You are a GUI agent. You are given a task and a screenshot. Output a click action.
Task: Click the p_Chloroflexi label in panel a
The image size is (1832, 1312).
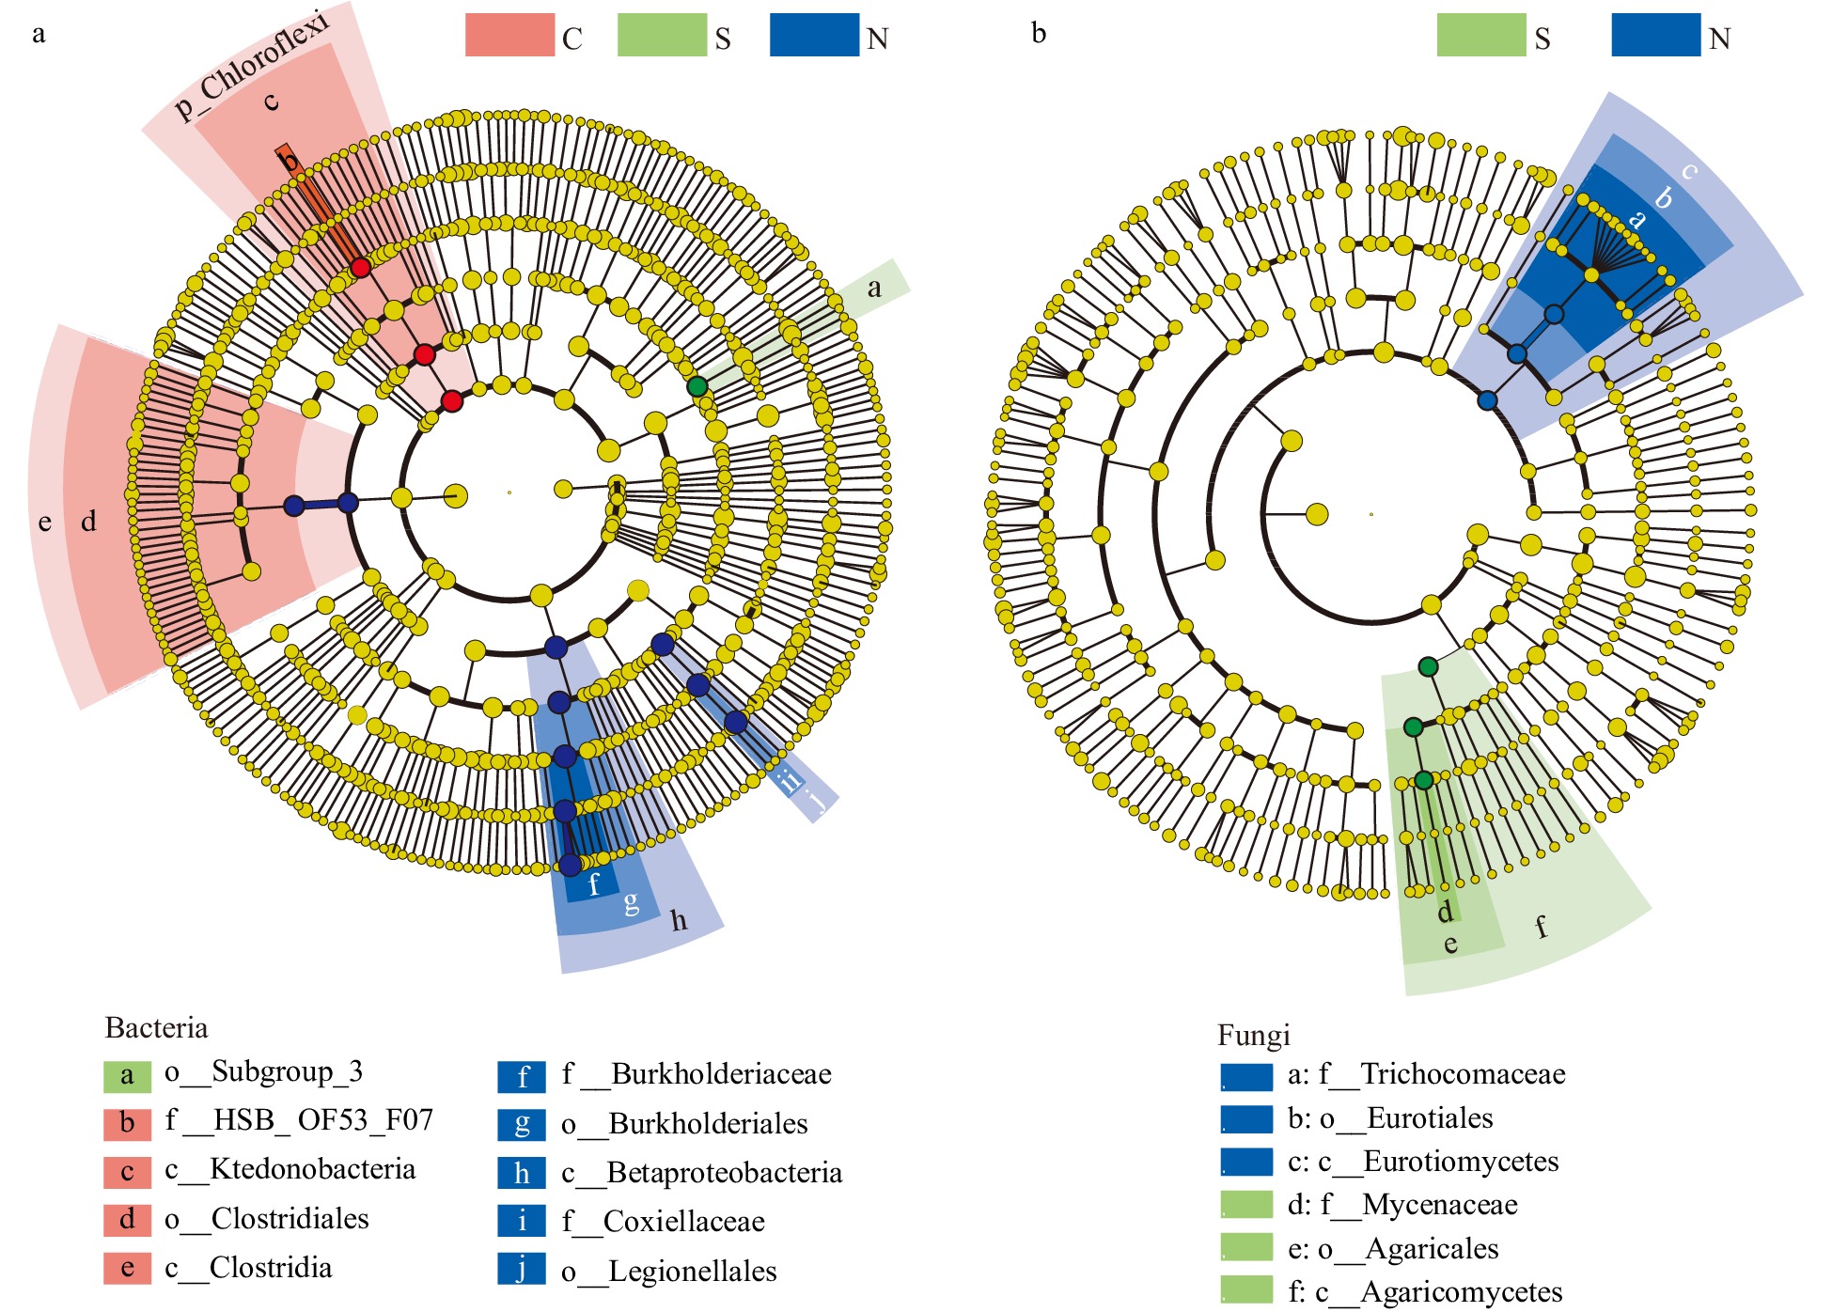(x=252, y=66)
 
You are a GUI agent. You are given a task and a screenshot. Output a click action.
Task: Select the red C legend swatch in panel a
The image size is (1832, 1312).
(x=509, y=36)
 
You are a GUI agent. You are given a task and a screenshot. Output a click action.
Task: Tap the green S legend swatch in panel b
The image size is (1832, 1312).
(x=1480, y=36)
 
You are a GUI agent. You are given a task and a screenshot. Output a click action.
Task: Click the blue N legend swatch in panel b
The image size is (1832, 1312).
(x=1655, y=36)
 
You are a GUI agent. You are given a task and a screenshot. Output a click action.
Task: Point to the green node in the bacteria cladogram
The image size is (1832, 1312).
(x=697, y=386)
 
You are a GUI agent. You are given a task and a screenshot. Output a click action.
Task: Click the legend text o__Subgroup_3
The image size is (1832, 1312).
(x=263, y=1071)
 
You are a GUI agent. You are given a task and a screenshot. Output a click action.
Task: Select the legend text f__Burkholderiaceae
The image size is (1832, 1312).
(x=697, y=1073)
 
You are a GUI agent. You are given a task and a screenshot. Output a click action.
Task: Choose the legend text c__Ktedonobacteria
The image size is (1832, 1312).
(x=290, y=1169)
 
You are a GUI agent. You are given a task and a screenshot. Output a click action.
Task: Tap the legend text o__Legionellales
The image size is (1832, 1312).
(x=669, y=1271)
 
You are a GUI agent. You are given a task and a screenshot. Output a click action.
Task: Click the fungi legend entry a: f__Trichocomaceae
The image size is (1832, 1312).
(x=1426, y=1073)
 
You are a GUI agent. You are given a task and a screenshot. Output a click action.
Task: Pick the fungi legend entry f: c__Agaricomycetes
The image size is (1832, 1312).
(x=1424, y=1292)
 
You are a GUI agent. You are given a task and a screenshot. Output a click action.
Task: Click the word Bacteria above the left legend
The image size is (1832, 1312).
(x=156, y=1027)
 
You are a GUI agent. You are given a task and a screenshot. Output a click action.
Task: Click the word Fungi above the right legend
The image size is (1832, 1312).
(x=1253, y=1035)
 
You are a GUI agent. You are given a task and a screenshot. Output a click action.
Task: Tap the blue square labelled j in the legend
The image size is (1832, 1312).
(x=522, y=1269)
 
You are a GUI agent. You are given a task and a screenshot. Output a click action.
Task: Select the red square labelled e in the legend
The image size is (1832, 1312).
(x=127, y=1268)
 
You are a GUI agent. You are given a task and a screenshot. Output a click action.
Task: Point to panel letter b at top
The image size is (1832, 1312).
(x=1038, y=33)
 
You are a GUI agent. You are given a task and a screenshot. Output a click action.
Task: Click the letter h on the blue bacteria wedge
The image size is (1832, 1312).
(x=679, y=920)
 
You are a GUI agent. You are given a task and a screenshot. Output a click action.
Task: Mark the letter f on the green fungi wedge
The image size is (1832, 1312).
(x=1541, y=927)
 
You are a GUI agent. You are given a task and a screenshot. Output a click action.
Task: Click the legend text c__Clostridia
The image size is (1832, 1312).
(x=248, y=1268)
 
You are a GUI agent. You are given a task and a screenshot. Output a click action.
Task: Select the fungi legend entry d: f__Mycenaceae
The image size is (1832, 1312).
(x=1402, y=1205)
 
